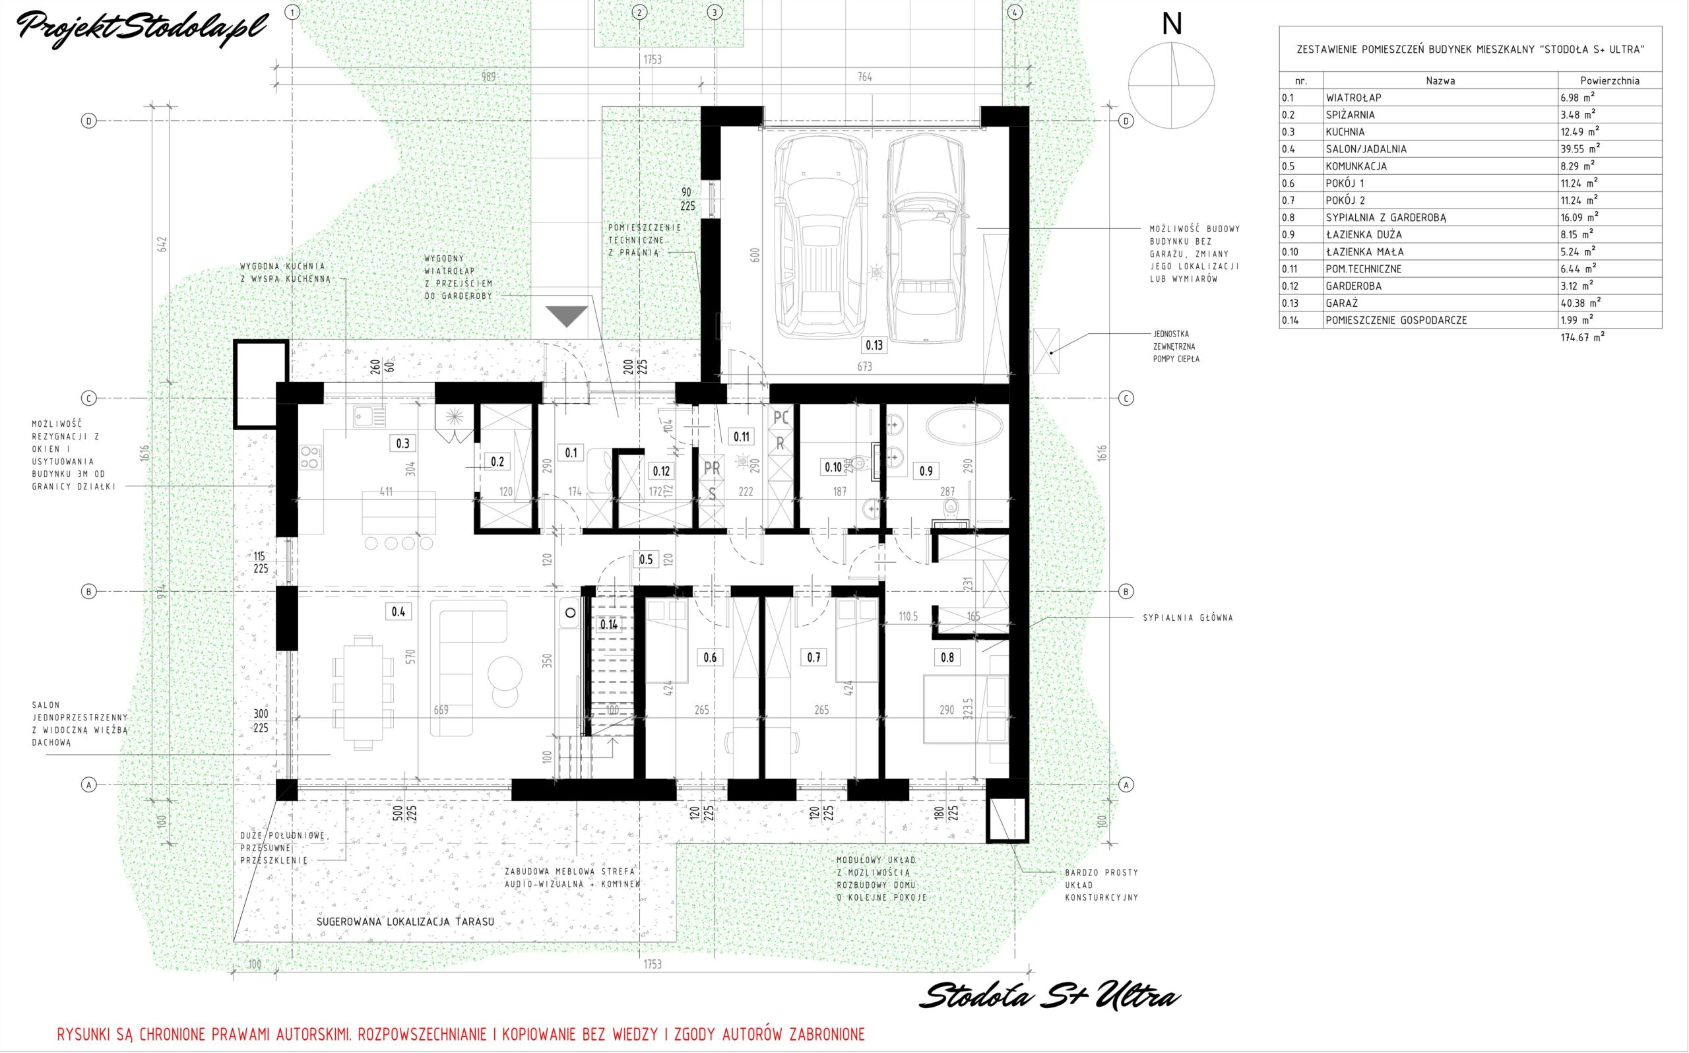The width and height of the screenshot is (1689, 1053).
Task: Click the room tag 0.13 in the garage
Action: (874, 344)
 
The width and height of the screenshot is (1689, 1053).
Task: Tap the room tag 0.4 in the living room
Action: (398, 612)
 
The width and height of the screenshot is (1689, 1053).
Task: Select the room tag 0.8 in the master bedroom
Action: (947, 656)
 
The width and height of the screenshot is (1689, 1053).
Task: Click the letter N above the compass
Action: (1172, 25)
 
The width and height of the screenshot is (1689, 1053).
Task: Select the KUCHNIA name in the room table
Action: (1345, 133)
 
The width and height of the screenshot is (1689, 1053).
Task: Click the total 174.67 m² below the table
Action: (1583, 337)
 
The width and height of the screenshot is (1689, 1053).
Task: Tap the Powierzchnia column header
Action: (1609, 80)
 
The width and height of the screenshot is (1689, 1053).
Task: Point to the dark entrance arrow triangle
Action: (567, 317)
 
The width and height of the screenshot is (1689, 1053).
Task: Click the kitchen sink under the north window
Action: (368, 416)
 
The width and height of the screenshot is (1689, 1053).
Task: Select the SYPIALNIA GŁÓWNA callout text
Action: (1188, 618)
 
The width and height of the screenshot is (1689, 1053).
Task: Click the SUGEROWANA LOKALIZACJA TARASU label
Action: (405, 921)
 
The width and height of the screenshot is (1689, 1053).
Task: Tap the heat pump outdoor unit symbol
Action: (1046, 352)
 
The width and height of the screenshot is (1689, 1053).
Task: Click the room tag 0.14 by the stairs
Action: (608, 624)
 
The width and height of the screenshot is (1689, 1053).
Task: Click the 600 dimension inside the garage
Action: (755, 255)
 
